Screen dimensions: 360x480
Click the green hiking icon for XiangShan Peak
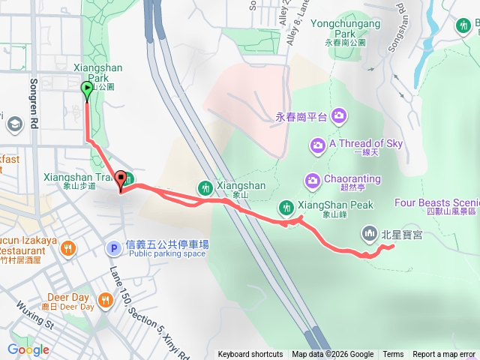tap(286, 206)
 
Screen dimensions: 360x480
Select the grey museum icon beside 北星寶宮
tap(368, 234)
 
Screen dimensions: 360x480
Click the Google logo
tap(28, 349)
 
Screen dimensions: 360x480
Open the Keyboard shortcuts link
tap(250, 355)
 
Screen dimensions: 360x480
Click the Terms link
tap(393, 355)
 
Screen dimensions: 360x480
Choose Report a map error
tap(444, 355)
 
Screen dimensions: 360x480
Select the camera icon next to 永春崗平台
tap(339, 115)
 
